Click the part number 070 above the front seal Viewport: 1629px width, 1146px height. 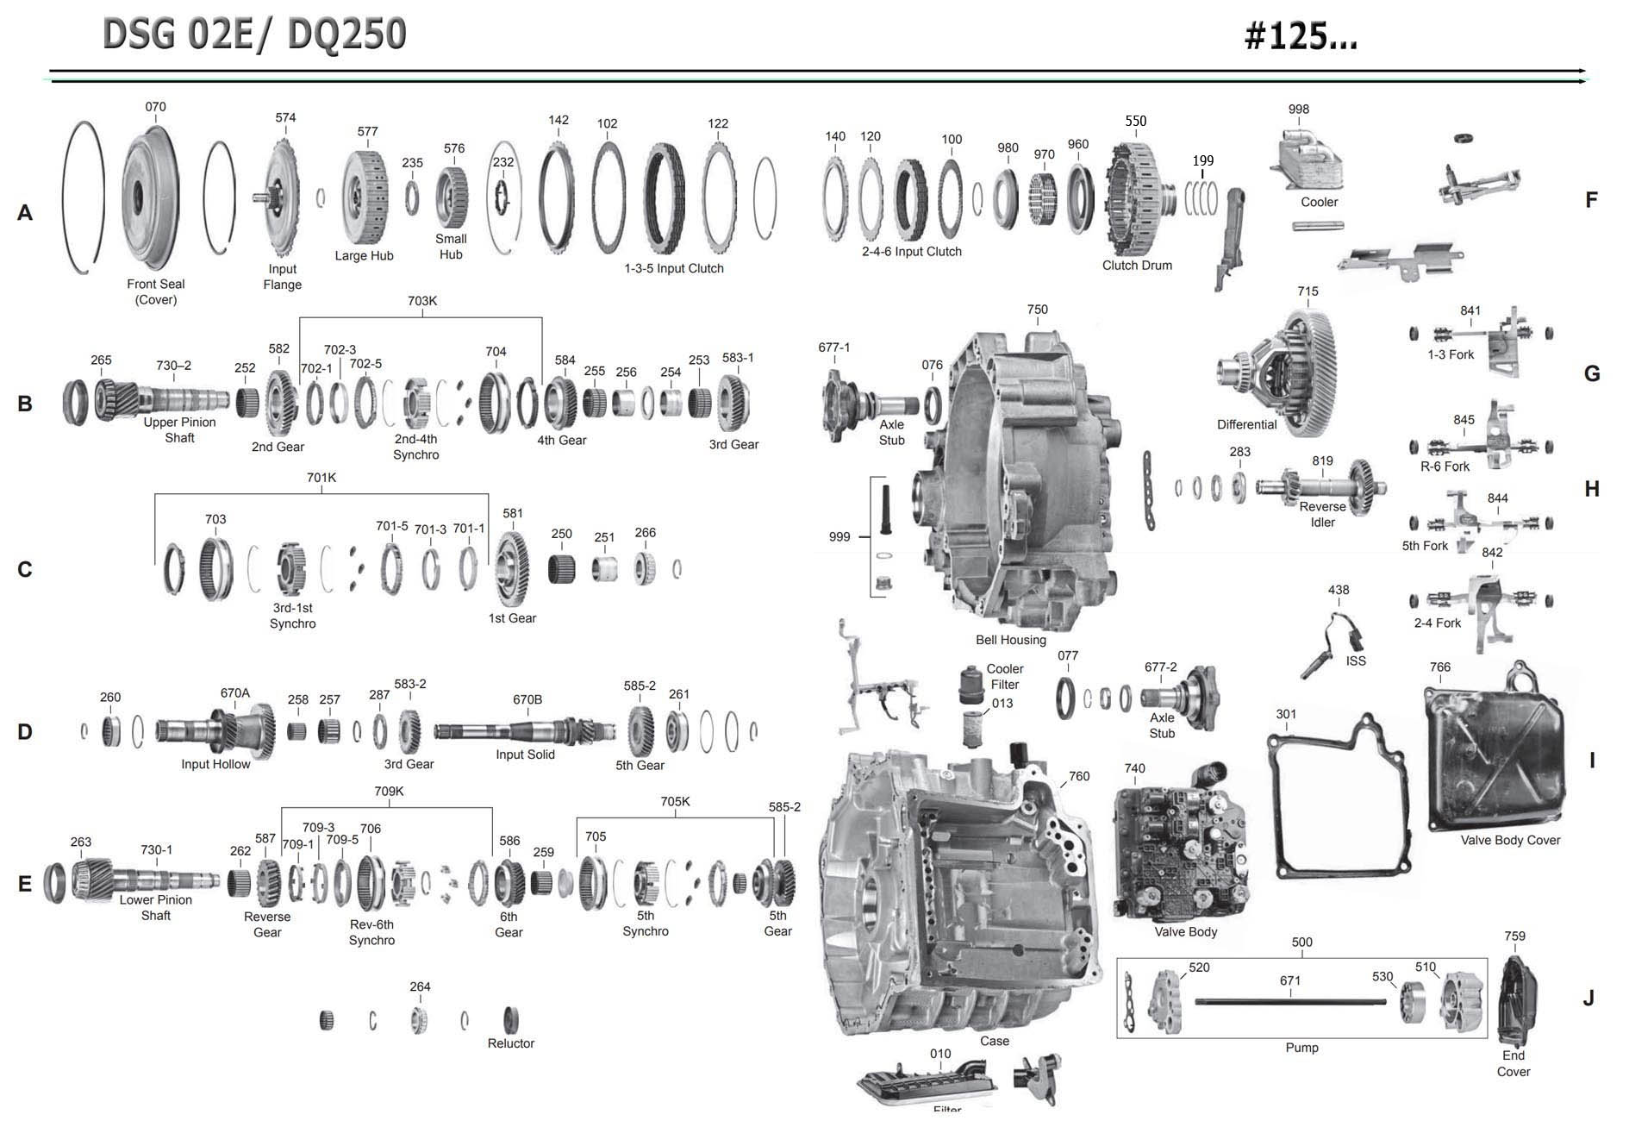coord(155,107)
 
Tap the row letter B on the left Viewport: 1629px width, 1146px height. coord(25,404)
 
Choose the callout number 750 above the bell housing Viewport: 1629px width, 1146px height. coord(1038,310)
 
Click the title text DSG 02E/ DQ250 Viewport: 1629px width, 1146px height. coord(254,34)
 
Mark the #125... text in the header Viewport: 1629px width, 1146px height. coord(1301,36)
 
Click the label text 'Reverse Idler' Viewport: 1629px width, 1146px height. coord(1322,515)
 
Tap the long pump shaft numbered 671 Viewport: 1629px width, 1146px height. coord(1290,1001)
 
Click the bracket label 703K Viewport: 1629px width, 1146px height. coord(422,301)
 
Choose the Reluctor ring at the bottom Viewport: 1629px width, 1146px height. coord(510,1019)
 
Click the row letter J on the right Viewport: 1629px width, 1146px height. coord(1588,999)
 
